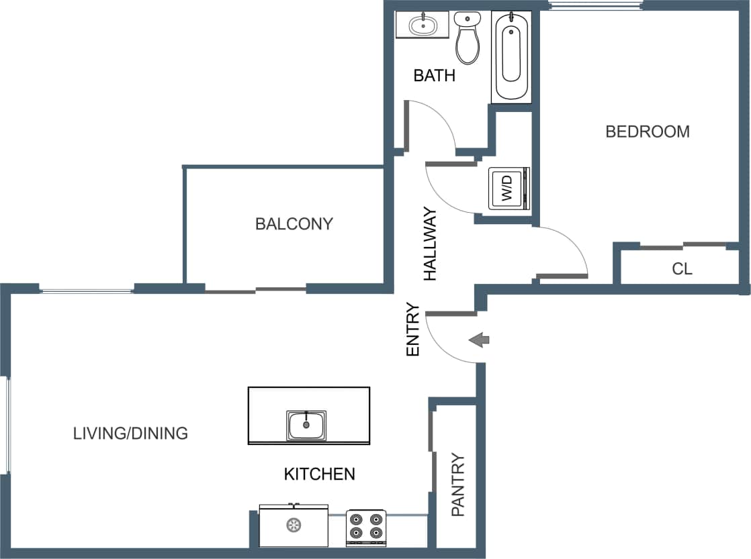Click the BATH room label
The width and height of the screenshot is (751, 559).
[434, 75]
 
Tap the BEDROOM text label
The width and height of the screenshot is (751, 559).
[647, 132]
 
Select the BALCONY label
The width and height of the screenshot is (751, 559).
[294, 223]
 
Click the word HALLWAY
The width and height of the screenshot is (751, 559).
[430, 244]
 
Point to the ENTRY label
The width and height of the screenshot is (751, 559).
[413, 329]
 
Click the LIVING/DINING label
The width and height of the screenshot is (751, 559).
[130, 434]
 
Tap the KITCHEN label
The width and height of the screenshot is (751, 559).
[319, 474]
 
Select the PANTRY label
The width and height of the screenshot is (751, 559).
[458, 485]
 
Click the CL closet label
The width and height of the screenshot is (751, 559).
[682, 269]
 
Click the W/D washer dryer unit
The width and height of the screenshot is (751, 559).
[509, 189]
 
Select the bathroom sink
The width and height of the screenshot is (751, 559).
[423, 26]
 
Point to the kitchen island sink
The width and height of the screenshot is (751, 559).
[306, 425]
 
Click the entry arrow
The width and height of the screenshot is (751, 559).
[479, 340]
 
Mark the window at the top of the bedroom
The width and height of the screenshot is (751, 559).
[594, 6]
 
